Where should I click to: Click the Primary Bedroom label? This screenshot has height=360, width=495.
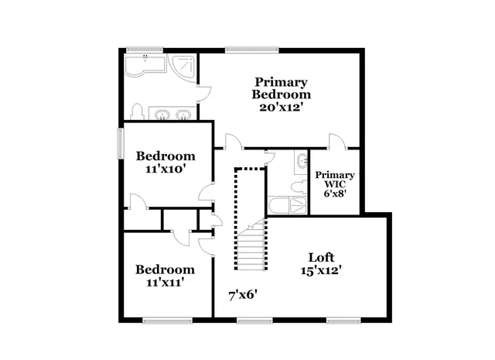point(282,88)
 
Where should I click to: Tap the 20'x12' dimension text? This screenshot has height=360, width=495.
point(282,108)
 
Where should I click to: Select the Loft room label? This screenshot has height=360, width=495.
point(321,257)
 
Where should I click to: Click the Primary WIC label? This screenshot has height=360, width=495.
point(335,180)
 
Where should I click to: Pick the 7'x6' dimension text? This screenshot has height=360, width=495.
point(242,295)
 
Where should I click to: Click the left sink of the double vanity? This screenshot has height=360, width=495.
point(163,115)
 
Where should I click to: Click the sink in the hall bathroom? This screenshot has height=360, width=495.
point(300,162)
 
